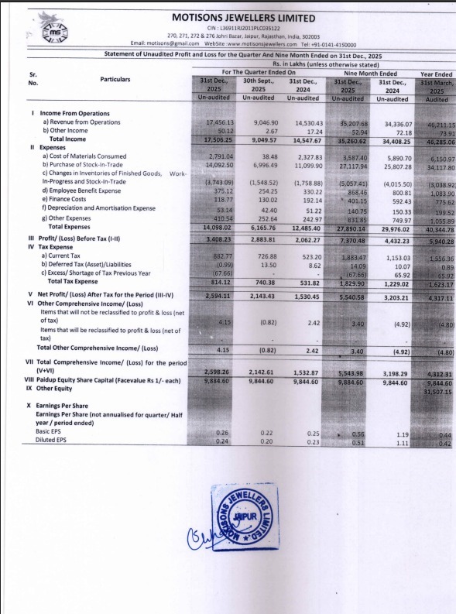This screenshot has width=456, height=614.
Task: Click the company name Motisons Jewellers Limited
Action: coord(231,17)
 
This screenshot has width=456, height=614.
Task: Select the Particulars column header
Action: coord(115,79)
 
